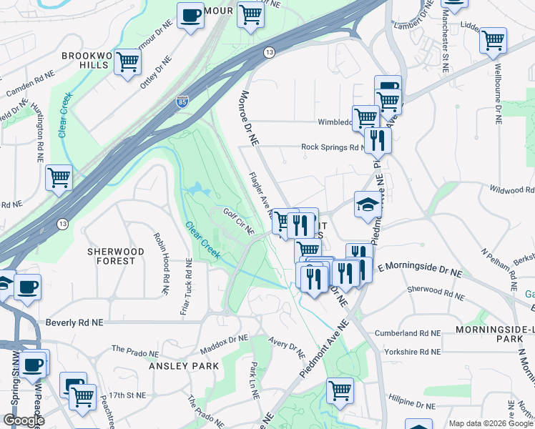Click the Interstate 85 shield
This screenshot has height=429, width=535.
coord(182,103)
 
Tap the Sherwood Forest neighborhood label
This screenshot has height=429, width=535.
coord(111,256)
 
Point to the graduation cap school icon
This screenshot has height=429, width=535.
coord(368,204)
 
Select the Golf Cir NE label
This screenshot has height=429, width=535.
coord(238,222)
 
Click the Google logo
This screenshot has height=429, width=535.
coord(23,420)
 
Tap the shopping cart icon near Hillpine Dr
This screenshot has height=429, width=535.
coord(340,390)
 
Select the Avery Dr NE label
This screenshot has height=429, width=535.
coord(287,347)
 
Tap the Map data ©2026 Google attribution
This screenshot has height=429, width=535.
coord(490,423)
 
